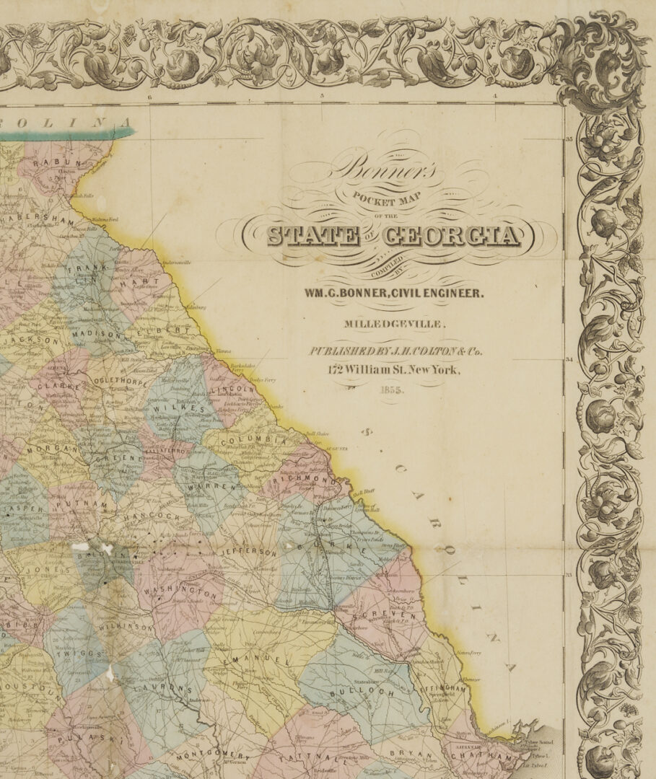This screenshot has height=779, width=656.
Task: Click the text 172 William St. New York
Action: click(393, 370)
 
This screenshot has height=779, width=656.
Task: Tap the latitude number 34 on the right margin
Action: click(569, 359)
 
